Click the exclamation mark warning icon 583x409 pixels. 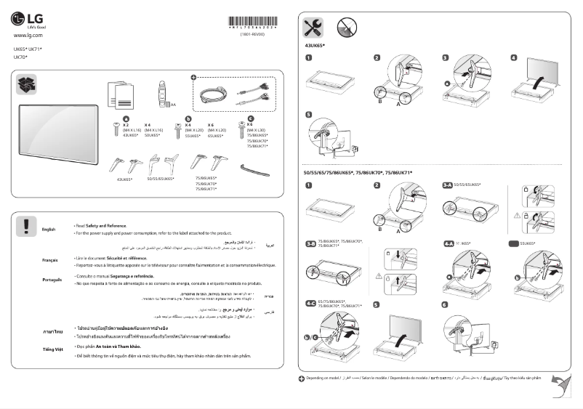pyautogui.click(x=25, y=225)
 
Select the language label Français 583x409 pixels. pyautogui.click(x=50, y=259)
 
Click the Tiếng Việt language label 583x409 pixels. pyautogui.click(x=52, y=349)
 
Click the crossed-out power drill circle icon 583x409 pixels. pyautogui.click(x=346, y=28)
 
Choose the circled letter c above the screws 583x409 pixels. pyautogui.click(x=251, y=118)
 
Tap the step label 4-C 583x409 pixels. pyautogui.click(x=310, y=303)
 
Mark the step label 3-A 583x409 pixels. pyautogui.click(x=449, y=185)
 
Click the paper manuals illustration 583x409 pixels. pyautogui.click(x=120, y=92)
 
